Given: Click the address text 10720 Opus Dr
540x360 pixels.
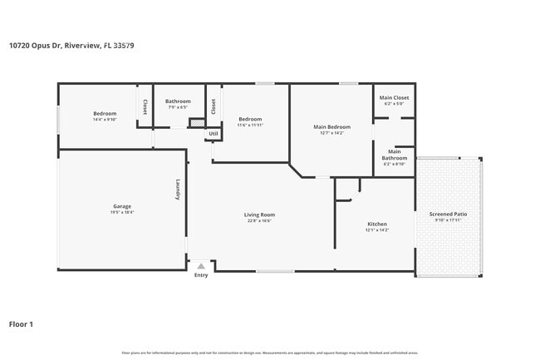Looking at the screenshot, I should click(x=71, y=46).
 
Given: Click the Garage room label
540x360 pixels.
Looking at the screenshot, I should click(x=122, y=206).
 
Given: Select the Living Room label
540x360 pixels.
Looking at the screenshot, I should click(x=259, y=215).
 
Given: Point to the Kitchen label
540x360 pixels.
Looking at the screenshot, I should click(x=377, y=224).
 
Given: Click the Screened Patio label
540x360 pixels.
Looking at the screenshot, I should click(x=448, y=215).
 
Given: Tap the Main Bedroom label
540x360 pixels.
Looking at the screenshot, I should click(x=331, y=127).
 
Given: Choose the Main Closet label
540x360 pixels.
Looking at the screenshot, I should click(x=394, y=98).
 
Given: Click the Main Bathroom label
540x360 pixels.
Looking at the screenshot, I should click(x=395, y=155).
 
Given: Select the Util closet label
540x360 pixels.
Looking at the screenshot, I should click(x=214, y=133).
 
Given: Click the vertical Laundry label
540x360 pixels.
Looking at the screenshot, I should click(x=177, y=191).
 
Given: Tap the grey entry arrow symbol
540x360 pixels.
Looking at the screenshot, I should click(x=201, y=266).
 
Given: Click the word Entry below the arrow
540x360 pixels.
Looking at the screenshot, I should click(x=201, y=275).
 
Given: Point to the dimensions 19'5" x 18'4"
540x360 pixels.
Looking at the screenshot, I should click(x=122, y=212).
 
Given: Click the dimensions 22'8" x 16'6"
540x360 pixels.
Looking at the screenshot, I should click(x=259, y=220).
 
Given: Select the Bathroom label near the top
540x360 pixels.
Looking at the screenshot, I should click(x=178, y=101).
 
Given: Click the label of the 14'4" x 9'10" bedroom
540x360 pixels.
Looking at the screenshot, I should click(x=105, y=113).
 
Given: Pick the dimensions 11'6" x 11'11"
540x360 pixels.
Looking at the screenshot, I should click(x=250, y=125).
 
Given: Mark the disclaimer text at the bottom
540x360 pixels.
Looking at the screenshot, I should click(x=269, y=353).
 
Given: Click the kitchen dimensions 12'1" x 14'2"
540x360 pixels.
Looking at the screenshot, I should click(x=377, y=229).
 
